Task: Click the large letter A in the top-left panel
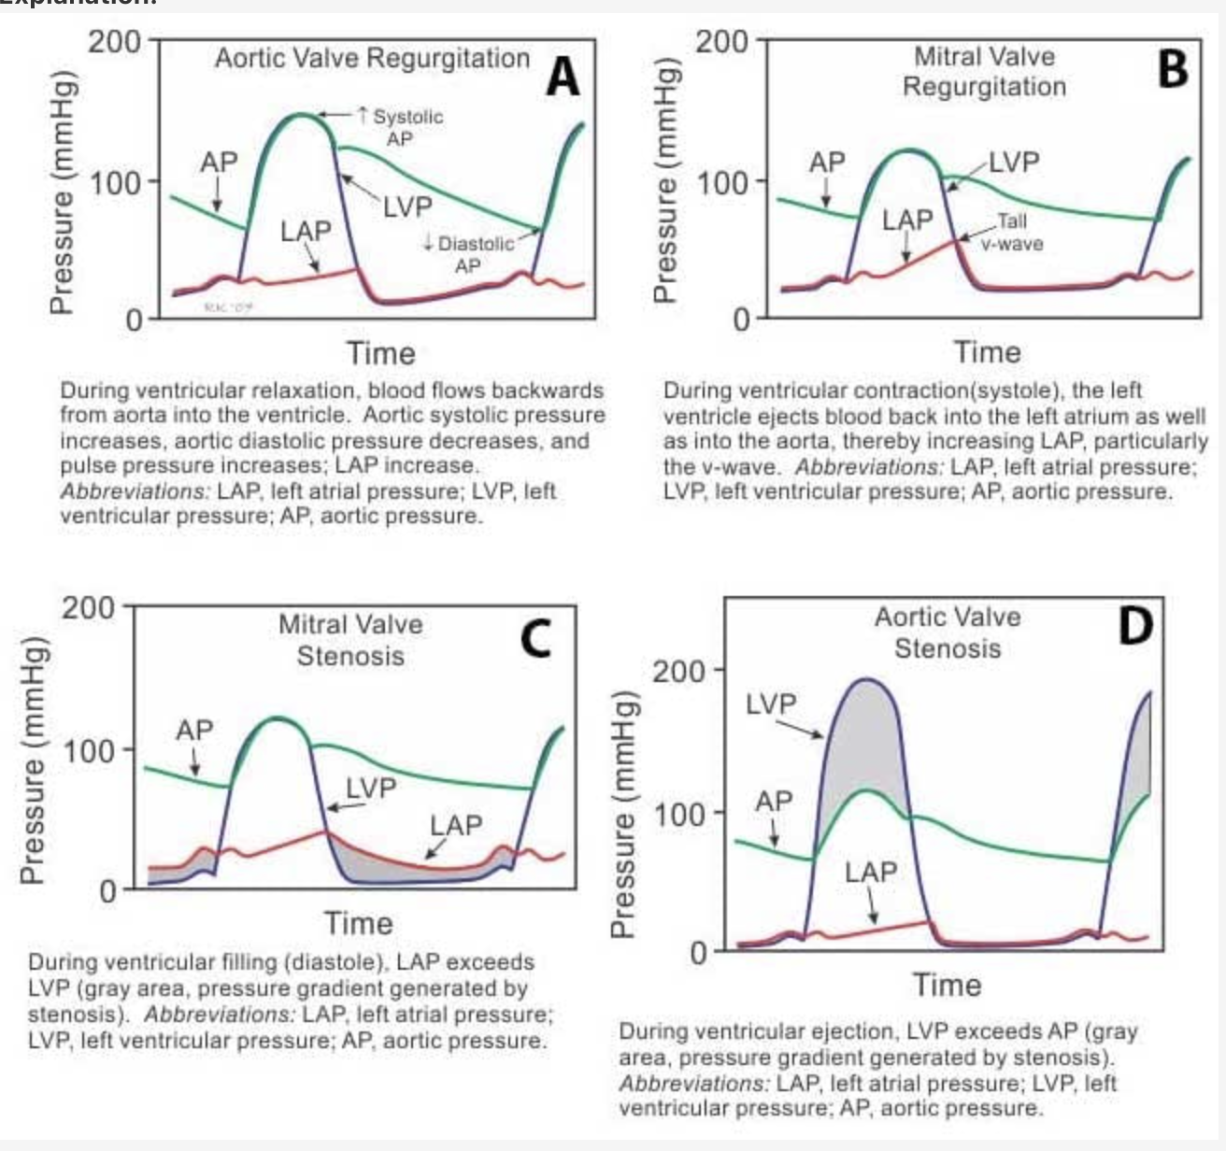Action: [x=563, y=77]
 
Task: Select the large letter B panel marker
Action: [x=1172, y=68]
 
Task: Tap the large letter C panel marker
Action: [x=535, y=639]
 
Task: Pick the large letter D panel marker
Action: [x=1135, y=627]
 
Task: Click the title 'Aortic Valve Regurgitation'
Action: [x=372, y=59]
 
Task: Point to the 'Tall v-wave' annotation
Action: [x=1011, y=233]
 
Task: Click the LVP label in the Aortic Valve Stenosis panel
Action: [x=771, y=704]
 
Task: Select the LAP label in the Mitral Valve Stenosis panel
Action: [x=456, y=825]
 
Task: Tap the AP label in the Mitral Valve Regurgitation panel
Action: [x=827, y=163]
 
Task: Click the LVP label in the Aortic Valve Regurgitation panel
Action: [x=407, y=206]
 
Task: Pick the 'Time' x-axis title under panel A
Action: [x=380, y=353]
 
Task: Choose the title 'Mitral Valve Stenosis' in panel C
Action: [x=350, y=640]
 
